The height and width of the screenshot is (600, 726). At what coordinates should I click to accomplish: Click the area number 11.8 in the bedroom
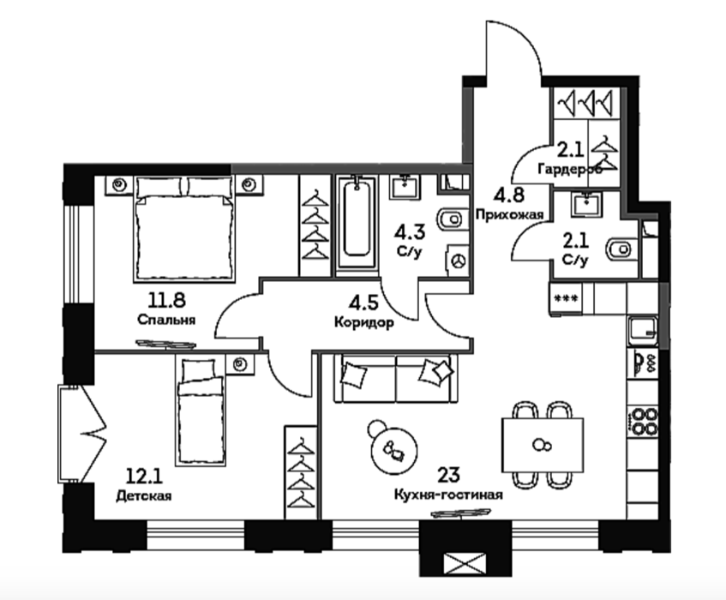pyautogui.click(x=166, y=301)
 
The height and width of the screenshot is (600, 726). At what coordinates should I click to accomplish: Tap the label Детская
pyautogui.click(x=144, y=495)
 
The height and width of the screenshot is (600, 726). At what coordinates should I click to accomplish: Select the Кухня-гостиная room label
pyautogui.click(x=448, y=495)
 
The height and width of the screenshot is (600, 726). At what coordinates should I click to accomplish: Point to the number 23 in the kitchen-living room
pyautogui.click(x=448, y=475)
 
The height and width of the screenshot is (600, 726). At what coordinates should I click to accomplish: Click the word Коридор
pyautogui.click(x=364, y=322)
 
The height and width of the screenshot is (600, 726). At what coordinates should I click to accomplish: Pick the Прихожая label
pyautogui.click(x=509, y=214)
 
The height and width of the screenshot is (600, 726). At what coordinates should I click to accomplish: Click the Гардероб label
pyautogui.click(x=570, y=170)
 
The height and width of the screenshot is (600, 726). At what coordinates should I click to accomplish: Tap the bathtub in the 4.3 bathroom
pyautogui.click(x=357, y=223)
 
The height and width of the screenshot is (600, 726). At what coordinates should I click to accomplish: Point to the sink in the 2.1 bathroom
pyautogui.click(x=585, y=204)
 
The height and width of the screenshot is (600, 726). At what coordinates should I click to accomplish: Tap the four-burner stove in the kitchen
pyautogui.click(x=643, y=422)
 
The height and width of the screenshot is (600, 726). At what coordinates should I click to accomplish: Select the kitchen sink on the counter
pyautogui.click(x=643, y=331)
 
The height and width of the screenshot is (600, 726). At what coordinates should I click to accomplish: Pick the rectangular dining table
pyautogui.click(x=543, y=445)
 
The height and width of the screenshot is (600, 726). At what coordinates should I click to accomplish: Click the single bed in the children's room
pyautogui.click(x=201, y=411)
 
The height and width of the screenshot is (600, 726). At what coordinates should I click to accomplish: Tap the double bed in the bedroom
pyautogui.click(x=183, y=229)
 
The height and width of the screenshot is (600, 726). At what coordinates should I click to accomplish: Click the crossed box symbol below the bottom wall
pyautogui.click(x=465, y=563)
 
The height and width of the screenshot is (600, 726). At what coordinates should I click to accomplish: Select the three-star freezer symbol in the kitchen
pyautogui.click(x=566, y=299)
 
